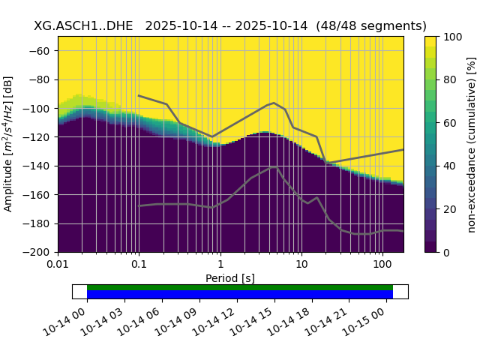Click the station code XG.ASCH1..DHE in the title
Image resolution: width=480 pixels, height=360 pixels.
(85, 25)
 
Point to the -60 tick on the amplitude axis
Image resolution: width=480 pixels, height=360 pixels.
(42, 50)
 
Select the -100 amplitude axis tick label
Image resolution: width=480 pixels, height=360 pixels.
(40, 108)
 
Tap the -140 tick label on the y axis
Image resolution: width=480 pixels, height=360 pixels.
(40, 166)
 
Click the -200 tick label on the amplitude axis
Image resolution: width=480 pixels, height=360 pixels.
(40, 252)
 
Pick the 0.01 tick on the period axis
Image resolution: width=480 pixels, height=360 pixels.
(58, 265)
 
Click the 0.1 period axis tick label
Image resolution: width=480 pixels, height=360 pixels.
(139, 265)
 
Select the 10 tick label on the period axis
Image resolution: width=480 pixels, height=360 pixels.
(301, 265)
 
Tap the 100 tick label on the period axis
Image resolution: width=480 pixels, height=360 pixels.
(382, 265)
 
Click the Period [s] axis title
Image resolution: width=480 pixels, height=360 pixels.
(230, 278)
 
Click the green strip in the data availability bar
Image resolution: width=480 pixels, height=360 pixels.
(240, 287)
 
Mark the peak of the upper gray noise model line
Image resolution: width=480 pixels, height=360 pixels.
(274, 103)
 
